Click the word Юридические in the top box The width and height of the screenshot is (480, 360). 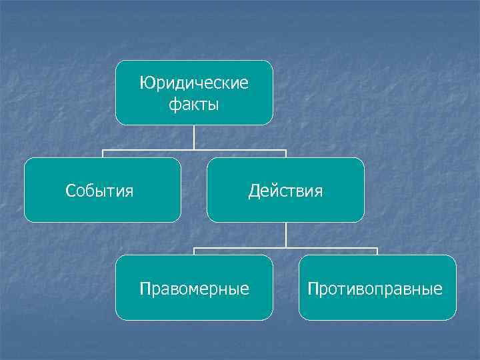(194, 83)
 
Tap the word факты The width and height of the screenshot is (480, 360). (194, 105)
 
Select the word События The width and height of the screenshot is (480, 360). (99, 191)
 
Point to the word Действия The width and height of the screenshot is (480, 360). (285, 191)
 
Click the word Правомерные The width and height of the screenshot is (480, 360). (194, 289)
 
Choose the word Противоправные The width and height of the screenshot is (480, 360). (375, 289)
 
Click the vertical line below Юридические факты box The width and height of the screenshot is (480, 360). (194, 137)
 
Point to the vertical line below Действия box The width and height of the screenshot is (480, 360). (285, 235)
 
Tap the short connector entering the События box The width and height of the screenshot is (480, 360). (103, 154)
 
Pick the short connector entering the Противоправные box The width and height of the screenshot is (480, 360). (377, 251)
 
